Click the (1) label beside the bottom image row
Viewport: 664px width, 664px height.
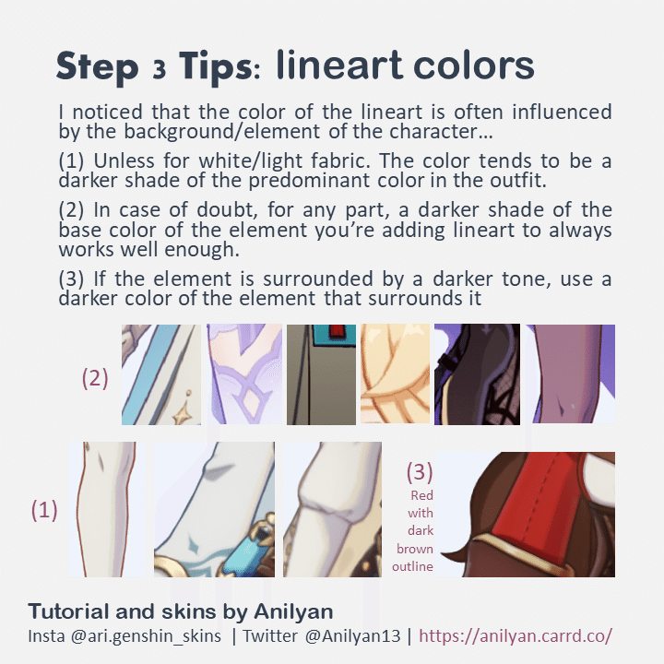(44, 510)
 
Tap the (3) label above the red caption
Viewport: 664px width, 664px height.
(420, 472)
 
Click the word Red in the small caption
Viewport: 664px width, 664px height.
(421, 495)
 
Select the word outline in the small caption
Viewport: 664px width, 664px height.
(412, 566)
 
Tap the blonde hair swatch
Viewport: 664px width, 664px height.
(393, 374)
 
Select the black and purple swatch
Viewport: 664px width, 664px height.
(477, 374)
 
